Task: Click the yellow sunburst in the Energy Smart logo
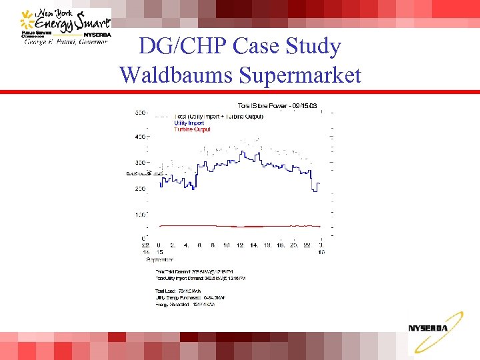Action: [26, 15]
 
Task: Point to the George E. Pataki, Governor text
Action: [66, 41]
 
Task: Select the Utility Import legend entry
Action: [189, 123]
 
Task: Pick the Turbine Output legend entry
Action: [192, 129]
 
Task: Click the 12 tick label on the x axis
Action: [240, 245]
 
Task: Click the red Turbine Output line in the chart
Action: [233, 226]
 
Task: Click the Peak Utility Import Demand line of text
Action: [200, 278]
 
